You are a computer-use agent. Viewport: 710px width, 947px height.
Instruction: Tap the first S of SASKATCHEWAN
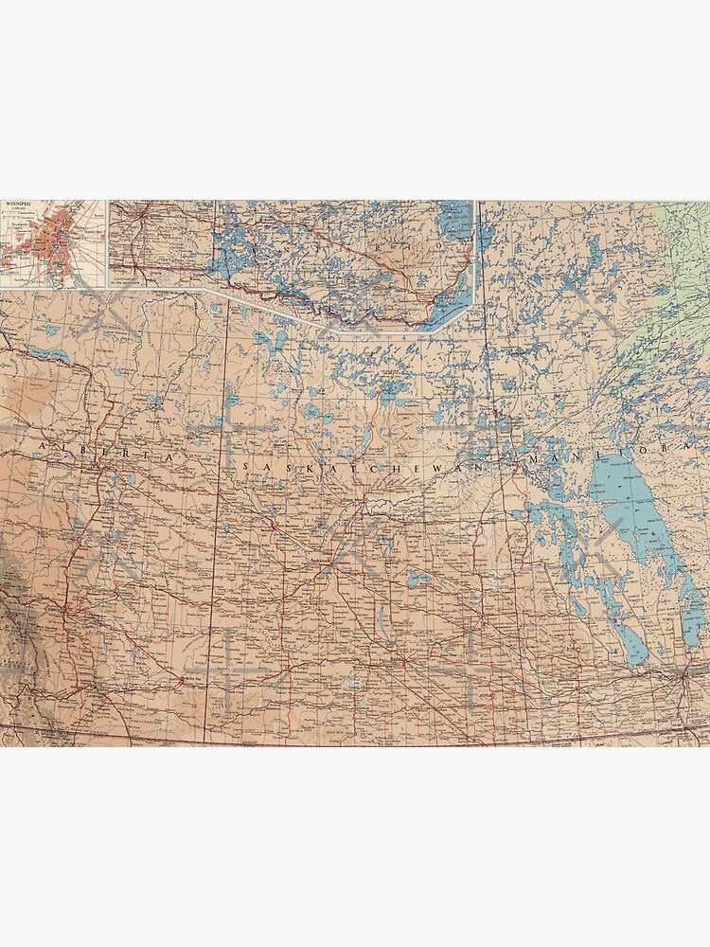tap(248, 467)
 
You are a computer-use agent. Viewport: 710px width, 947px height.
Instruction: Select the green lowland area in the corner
tap(686, 246)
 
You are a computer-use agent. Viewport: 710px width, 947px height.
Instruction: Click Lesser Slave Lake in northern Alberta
tap(47, 354)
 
